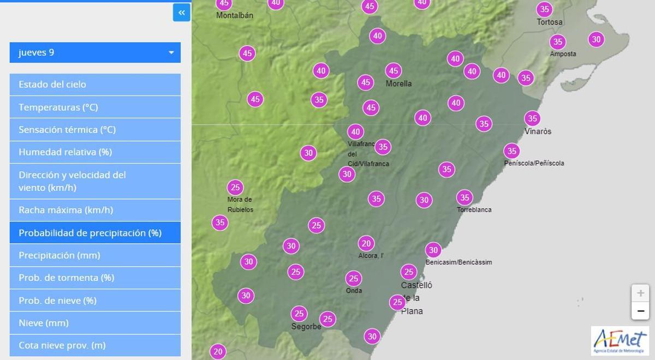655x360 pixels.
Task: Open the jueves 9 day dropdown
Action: point(95,52)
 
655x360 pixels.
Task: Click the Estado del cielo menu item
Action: point(95,85)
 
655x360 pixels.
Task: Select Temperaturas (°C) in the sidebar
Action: point(95,107)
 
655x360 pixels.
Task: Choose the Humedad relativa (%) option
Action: point(95,152)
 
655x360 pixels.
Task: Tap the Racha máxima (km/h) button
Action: point(95,210)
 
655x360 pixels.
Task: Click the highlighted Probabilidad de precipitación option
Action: point(95,233)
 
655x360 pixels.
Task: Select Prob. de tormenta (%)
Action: point(95,278)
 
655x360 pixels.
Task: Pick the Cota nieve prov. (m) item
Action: point(95,345)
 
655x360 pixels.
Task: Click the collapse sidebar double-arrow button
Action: point(181,13)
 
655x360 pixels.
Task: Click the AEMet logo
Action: point(620,340)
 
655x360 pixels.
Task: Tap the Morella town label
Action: point(398,84)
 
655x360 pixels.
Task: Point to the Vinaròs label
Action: point(538,131)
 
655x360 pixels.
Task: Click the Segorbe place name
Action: point(306,327)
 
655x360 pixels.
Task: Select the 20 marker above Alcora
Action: point(366,244)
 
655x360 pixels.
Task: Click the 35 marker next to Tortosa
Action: point(544,9)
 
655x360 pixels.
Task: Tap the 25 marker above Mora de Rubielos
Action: point(235,188)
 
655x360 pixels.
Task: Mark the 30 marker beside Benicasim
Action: point(433,250)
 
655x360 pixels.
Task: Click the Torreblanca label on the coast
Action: point(474,210)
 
